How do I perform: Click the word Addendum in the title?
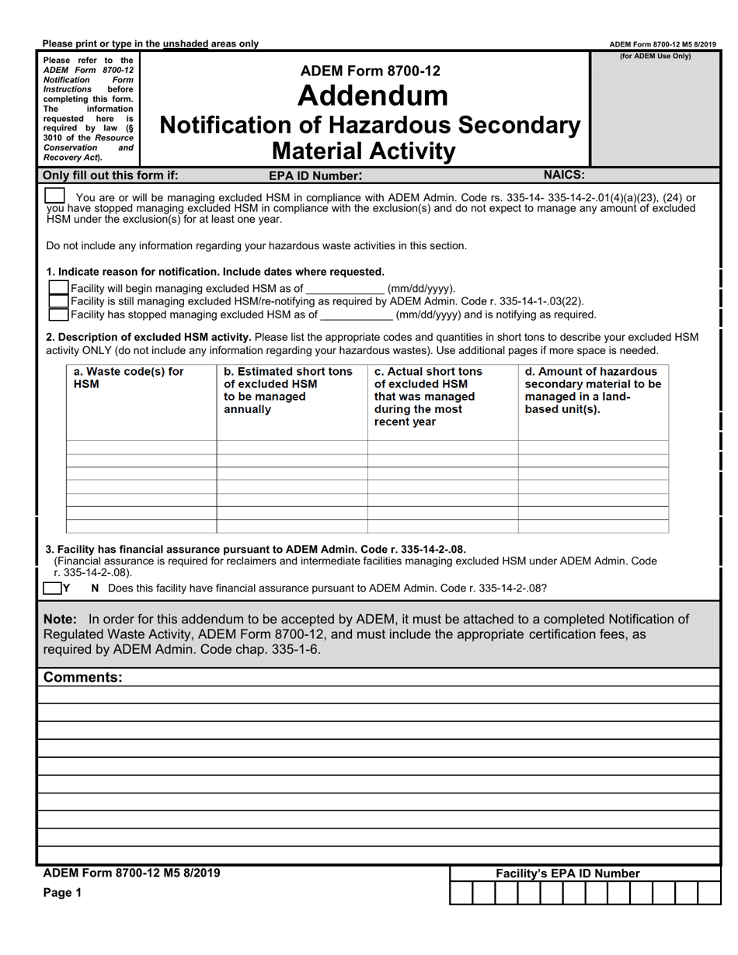click(372, 95)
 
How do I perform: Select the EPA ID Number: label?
click(315, 175)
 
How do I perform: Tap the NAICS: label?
click(564, 175)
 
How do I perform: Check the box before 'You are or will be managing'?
click(55, 196)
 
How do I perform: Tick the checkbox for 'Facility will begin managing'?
click(59, 288)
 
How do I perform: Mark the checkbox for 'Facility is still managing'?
click(59, 301)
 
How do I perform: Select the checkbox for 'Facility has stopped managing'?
click(59, 314)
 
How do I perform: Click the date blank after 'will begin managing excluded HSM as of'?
click(345, 289)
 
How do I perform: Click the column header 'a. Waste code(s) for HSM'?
click(128, 377)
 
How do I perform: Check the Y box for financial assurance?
click(53, 588)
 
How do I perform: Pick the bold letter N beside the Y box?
click(95, 588)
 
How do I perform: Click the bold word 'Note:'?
click(60, 619)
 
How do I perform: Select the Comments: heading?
click(83, 677)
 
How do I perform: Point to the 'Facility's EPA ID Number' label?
click(568, 873)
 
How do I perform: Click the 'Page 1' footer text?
click(62, 893)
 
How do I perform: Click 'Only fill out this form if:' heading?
click(110, 175)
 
